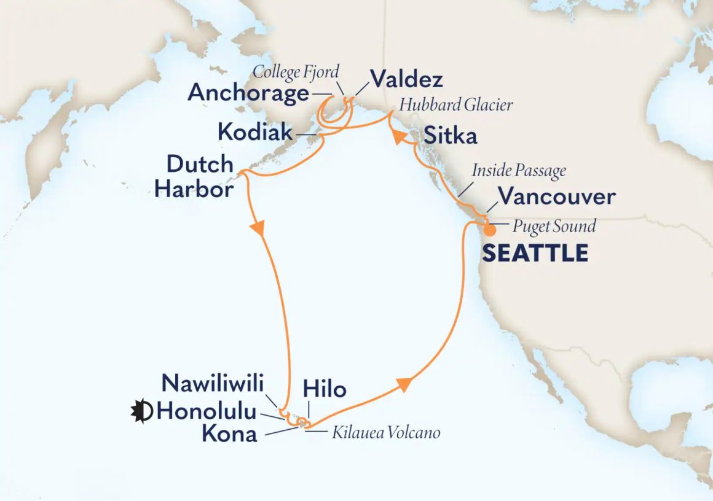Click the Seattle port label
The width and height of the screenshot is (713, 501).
pos(535,253)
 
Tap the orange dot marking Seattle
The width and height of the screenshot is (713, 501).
pos(489,231)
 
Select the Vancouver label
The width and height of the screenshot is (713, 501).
pos(556,197)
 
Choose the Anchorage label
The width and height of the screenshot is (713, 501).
pos(248,93)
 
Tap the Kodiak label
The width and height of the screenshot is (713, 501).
pos(254,131)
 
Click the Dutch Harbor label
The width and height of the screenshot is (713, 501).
pos(194,176)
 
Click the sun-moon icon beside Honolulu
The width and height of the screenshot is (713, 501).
pos(141,411)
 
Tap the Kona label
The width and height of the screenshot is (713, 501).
pos(229,434)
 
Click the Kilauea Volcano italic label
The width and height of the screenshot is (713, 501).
pos(386,433)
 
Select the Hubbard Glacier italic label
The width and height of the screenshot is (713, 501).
pos(455,105)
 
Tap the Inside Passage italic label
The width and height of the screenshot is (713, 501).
pos(519,170)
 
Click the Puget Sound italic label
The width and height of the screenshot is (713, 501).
pos(554,226)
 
